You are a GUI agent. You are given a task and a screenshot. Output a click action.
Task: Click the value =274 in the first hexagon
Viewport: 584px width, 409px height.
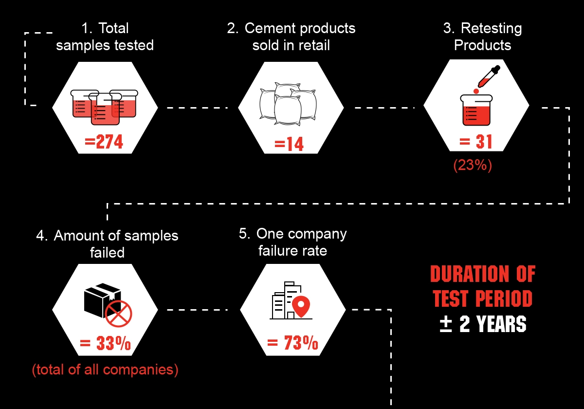[x=104, y=142]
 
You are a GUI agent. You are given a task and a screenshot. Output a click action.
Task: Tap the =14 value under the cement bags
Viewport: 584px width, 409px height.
[x=289, y=144]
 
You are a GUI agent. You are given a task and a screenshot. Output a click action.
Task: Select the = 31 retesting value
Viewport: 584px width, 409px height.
[x=476, y=142]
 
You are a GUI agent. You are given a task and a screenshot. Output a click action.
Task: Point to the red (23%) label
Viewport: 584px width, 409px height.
[x=473, y=165]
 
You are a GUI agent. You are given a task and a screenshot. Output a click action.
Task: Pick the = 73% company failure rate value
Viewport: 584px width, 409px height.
[x=292, y=342]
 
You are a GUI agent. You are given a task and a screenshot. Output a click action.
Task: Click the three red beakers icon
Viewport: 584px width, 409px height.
[x=104, y=107]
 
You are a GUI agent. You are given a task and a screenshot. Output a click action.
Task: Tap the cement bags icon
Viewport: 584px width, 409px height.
[x=288, y=104]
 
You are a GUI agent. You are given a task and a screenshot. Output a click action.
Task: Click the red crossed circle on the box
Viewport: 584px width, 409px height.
[x=119, y=314]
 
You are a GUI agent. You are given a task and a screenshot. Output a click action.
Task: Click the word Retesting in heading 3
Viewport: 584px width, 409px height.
[x=491, y=28]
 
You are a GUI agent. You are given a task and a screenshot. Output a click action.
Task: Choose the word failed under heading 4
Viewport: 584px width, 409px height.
[x=107, y=253]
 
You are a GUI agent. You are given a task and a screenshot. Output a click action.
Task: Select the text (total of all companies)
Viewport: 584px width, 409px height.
[x=105, y=370]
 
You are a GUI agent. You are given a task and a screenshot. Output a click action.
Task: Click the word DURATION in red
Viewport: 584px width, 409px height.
[x=469, y=274]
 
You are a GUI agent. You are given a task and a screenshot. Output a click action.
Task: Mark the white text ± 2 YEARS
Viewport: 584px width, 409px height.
[x=483, y=324]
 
